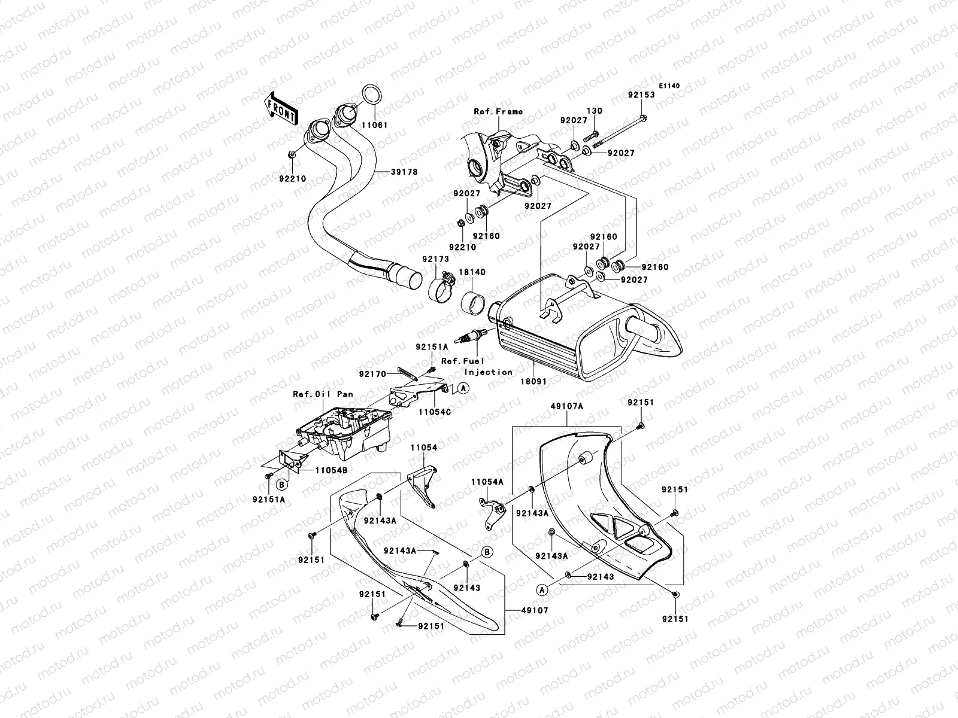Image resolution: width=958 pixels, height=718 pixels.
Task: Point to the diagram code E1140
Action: pyautogui.click(x=669, y=86)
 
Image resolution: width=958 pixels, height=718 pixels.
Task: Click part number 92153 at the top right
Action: pyautogui.click(x=641, y=95)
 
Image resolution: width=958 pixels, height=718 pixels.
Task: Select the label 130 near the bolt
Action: pyautogui.click(x=594, y=111)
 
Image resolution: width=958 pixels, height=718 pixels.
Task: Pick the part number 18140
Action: pyautogui.click(x=472, y=272)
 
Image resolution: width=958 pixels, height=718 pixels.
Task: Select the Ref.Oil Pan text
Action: pyautogui.click(x=323, y=394)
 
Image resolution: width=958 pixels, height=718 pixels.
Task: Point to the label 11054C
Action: pyautogui.click(x=435, y=412)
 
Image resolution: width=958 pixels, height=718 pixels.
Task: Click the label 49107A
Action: pyautogui.click(x=567, y=406)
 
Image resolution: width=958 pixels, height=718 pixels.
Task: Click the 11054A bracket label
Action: pyautogui.click(x=487, y=481)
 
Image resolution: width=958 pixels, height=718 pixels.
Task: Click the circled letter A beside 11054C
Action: pyautogui.click(x=463, y=389)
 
